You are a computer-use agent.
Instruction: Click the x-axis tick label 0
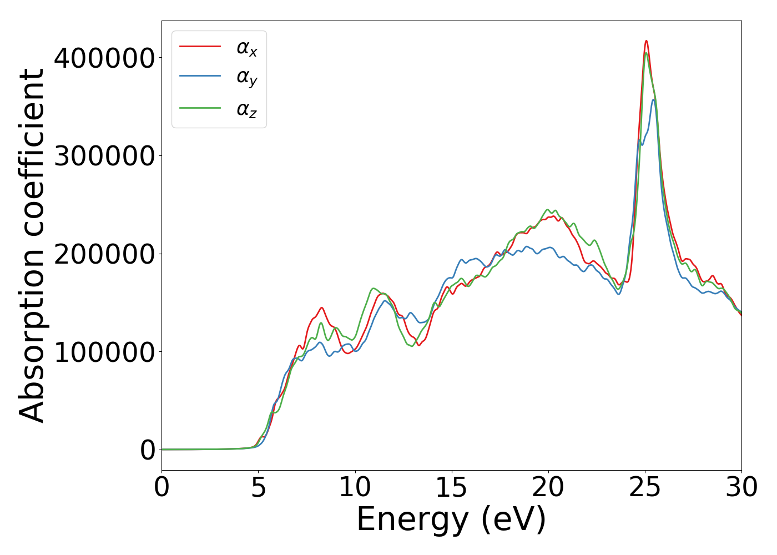[x=162, y=488]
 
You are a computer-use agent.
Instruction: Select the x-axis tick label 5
[x=258, y=488]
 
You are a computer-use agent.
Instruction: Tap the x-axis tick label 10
[x=355, y=488]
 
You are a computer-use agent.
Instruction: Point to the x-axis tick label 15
[x=451, y=488]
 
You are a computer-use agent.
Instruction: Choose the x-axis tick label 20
[x=548, y=488]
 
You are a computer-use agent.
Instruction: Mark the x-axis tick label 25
[x=645, y=488]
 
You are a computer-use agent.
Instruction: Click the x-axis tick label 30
[x=741, y=488]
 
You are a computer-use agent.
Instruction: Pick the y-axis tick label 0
[x=148, y=450]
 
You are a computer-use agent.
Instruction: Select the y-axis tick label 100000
[x=104, y=352]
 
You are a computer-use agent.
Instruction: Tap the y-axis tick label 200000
[x=104, y=254]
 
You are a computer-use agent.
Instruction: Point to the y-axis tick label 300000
[x=104, y=156]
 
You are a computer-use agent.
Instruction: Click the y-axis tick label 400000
[x=104, y=58]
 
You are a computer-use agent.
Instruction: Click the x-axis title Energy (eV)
[x=451, y=520]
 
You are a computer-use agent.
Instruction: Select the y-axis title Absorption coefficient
[x=32, y=245]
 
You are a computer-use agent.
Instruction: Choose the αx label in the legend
[x=247, y=48]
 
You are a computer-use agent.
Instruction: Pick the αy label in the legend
[x=247, y=78]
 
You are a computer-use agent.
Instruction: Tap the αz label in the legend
[x=247, y=109]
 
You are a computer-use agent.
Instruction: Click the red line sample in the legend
[x=200, y=47]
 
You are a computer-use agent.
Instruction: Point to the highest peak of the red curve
[x=646, y=41]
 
